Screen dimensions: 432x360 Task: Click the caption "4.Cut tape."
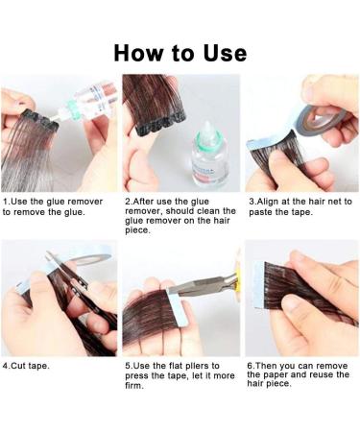(28, 366)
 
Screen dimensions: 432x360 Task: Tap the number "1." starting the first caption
(7, 202)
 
